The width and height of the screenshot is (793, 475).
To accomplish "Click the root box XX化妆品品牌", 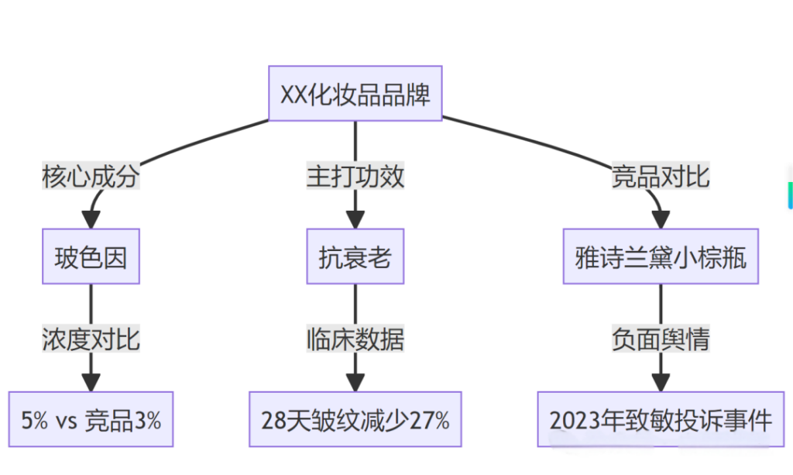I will (355, 93).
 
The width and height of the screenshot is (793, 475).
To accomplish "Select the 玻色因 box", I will (91, 256).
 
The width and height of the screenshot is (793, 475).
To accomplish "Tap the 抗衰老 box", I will (355, 256).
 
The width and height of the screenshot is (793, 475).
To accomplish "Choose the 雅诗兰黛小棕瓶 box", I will (661, 256).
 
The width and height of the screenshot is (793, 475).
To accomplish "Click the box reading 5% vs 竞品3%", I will (91, 420).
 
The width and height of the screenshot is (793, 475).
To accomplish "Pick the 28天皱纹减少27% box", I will (355, 420).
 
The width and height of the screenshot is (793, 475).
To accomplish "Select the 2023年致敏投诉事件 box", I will (661, 420).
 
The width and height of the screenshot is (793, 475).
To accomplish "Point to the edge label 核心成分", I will (91, 177).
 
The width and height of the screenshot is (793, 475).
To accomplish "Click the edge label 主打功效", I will (355, 177).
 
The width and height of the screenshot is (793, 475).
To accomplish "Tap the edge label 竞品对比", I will (661, 177).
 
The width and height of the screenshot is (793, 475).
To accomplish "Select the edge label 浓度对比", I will (91, 339).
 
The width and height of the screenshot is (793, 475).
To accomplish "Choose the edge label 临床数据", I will (355, 339).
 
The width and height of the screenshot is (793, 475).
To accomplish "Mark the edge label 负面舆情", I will (661, 339).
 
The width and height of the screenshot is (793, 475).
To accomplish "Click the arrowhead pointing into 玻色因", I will (92, 219).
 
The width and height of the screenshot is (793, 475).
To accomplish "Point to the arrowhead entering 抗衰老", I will (355, 219).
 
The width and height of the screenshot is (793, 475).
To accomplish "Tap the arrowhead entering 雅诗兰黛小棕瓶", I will (660, 219).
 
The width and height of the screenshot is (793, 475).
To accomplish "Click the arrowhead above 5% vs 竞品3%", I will (91, 382).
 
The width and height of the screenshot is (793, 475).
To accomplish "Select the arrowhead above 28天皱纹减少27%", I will (355, 382).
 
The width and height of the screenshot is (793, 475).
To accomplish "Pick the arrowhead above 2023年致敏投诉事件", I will (661, 382).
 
